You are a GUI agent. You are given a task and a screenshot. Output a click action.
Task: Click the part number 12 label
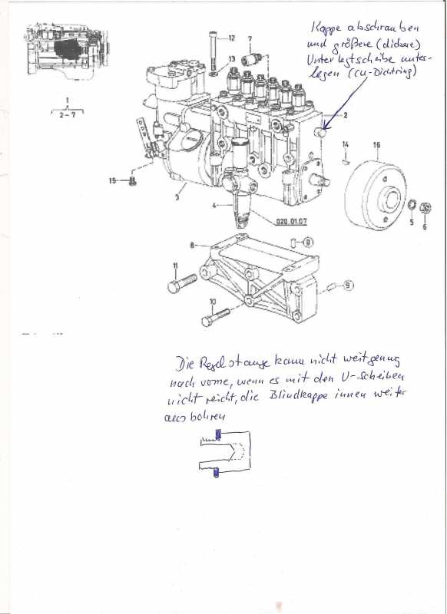pyautogui.click(x=232, y=38)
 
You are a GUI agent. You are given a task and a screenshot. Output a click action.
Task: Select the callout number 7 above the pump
pyautogui.click(x=250, y=38)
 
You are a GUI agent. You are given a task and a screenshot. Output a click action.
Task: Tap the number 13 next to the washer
pyautogui.click(x=232, y=58)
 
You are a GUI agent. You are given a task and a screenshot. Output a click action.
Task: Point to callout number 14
pyautogui.click(x=346, y=144)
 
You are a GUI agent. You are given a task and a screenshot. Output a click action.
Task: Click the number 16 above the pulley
pyautogui.click(x=377, y=144)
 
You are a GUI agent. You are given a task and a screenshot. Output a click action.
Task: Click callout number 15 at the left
pyautogui.click(x=112, y=180)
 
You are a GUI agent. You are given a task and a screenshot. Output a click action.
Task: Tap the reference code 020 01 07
pyautogui.click(x=292, y=223)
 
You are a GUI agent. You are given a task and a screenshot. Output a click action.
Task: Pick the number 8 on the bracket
pyautogui.click(x=191, y=245)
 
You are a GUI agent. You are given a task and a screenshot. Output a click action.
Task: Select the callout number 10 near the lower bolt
pyautogui.click(x=213, y=301)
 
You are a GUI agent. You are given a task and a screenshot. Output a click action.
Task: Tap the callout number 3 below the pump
pyautogui.click(x=177, y=197)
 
